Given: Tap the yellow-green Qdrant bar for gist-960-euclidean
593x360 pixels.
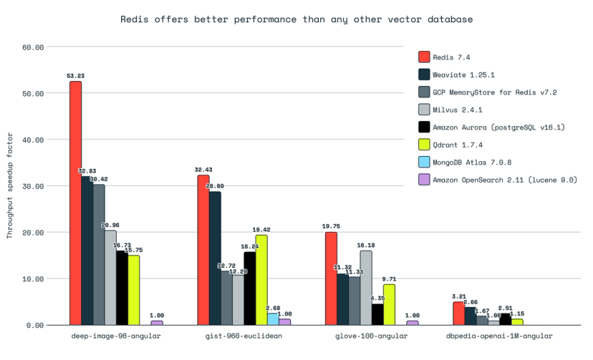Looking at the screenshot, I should (x=261, y=279).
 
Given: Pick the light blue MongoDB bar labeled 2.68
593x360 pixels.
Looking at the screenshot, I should (x=273, y=318).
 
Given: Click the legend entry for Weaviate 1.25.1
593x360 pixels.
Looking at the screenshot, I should (x=466, y=74).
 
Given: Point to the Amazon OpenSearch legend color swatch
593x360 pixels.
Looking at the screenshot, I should (x=423, y=180).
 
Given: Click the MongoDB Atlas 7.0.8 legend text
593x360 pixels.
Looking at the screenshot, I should (x=471, y=162).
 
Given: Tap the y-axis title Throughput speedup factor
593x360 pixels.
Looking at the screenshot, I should (x=10, y=185).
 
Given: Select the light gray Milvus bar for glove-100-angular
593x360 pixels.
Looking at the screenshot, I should (x=366, y=287).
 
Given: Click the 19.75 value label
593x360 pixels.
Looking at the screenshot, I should (x=331, y=226).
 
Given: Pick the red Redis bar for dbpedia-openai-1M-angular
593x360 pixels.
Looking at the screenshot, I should (x=458, y=313).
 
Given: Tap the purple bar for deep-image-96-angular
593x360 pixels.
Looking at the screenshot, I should (x=157, y=322).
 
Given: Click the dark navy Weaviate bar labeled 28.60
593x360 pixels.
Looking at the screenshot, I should (x=215, y=258).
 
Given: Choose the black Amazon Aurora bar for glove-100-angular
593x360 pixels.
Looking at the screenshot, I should (x=377, y=314).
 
